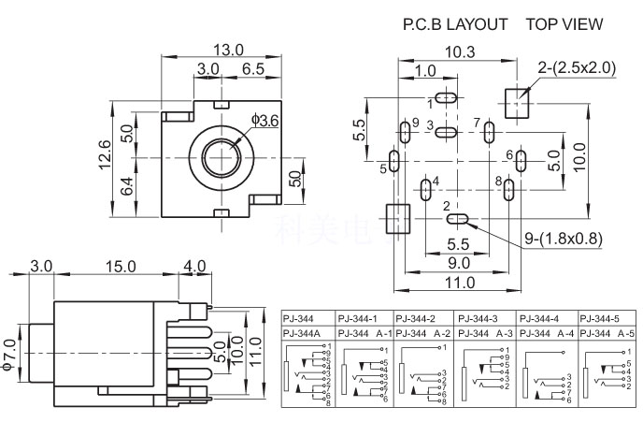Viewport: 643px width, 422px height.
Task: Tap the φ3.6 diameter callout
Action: [x=265, y=121]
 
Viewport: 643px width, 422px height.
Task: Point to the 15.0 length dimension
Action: [x=121, y=267]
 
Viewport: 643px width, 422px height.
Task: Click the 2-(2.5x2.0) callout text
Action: [x=578, y=67]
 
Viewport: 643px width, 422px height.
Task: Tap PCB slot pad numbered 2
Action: [x=458, y=220]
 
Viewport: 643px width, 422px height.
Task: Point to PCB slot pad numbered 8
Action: [x=508, y=189]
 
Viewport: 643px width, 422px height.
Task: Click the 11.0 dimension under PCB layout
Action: [x=452, y=284]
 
